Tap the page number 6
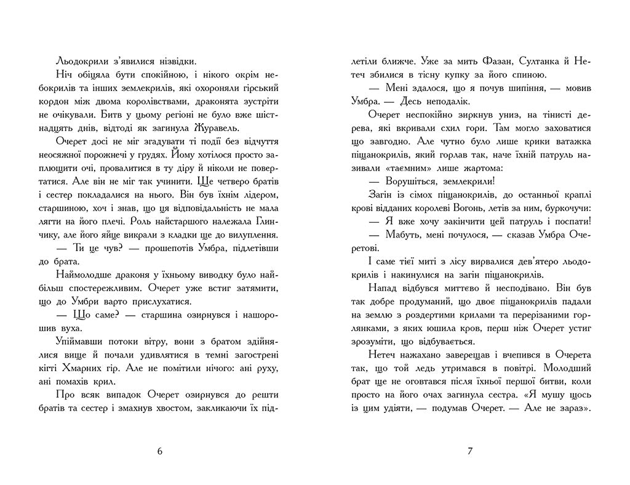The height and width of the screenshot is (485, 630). pos(160,451)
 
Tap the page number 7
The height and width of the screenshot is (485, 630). pos(469,451)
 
